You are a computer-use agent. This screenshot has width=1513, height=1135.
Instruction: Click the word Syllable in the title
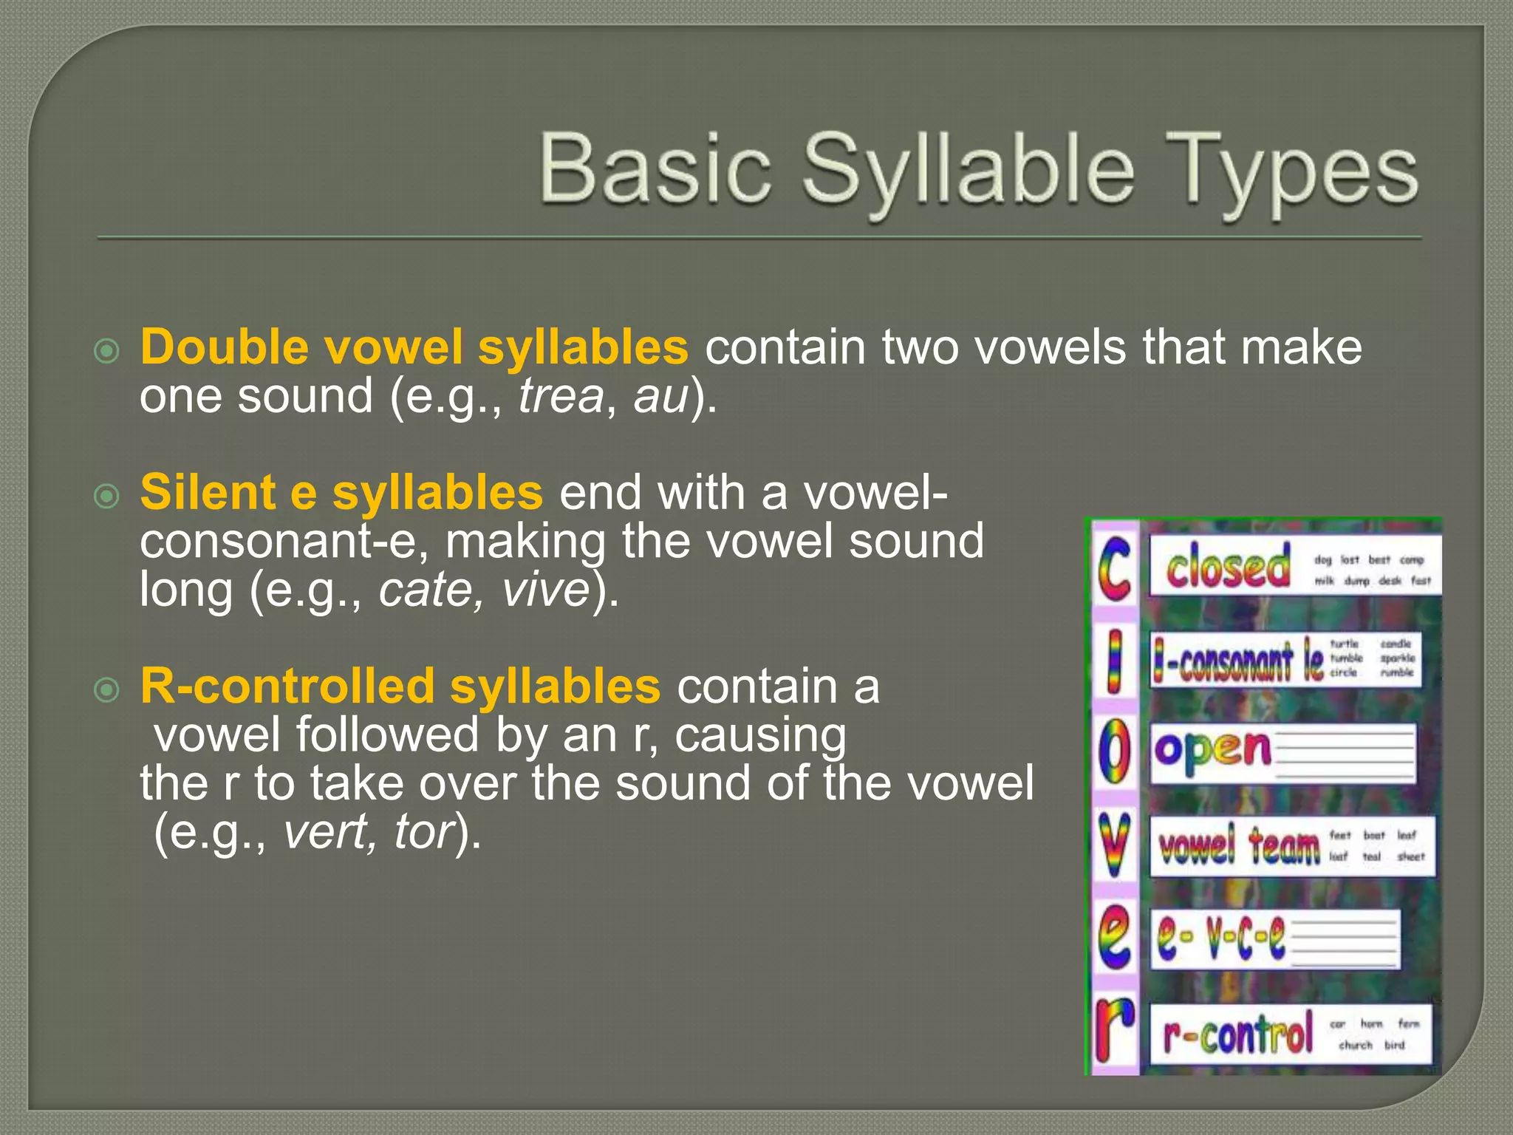968,171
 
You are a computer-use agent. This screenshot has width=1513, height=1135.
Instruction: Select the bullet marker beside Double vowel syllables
107,351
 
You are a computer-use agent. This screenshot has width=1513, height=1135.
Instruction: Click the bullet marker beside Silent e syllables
107,496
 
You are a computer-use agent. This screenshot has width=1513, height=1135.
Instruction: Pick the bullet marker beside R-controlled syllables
107,690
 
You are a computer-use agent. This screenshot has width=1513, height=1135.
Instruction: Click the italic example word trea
561,397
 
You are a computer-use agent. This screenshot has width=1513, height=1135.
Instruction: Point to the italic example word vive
546,590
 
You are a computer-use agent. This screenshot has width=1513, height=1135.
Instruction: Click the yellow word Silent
208,493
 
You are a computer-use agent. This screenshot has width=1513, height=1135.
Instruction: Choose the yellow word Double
225,347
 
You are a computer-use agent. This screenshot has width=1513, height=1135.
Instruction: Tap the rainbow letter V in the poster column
1114,847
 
